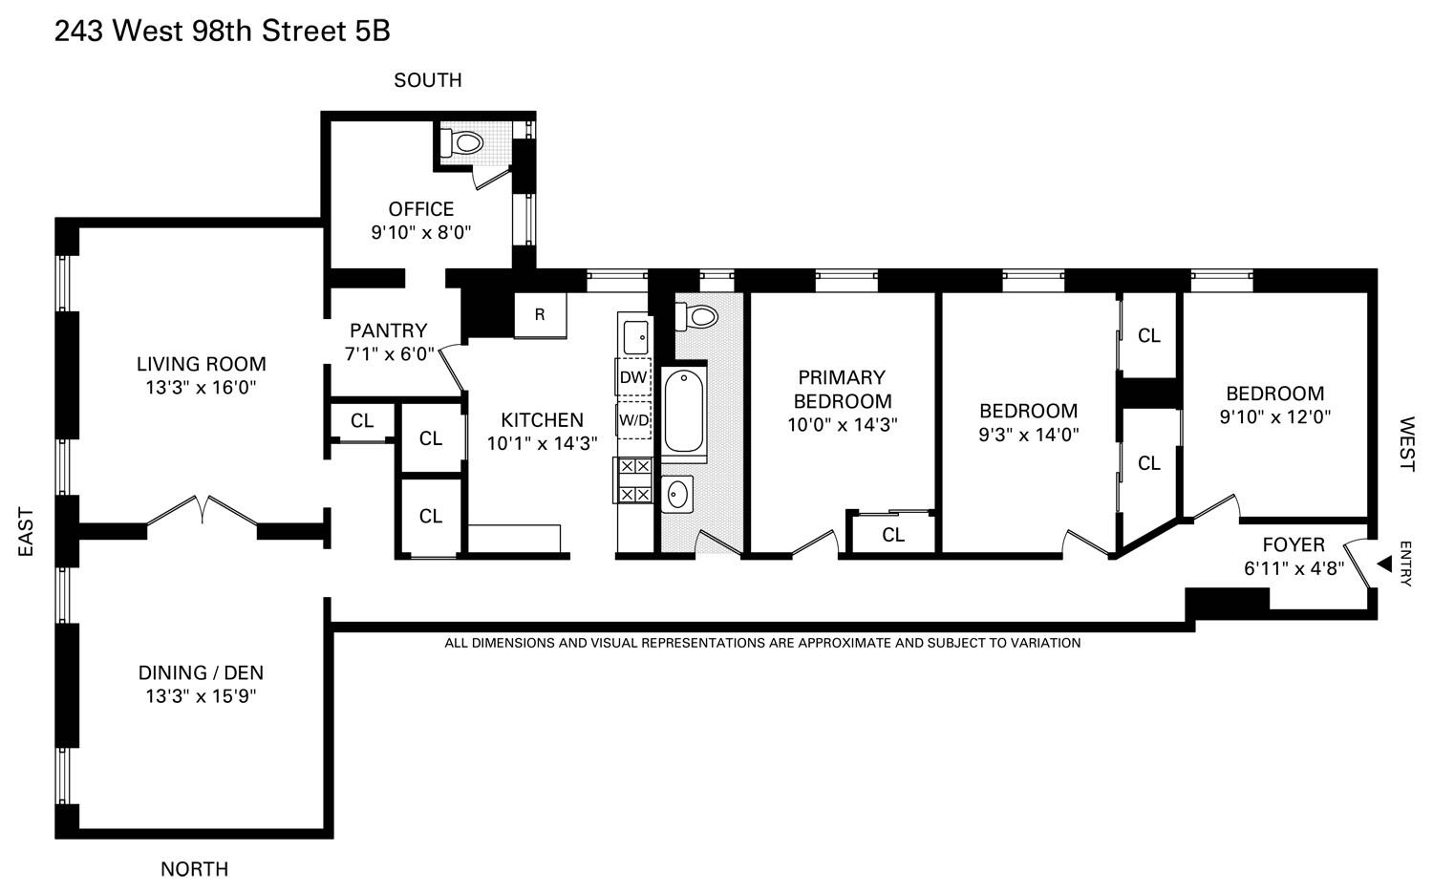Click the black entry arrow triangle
pyautogui.click(x=1383, y=564)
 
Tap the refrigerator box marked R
pyautogui.click(x=540, y=314)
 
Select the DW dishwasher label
pyautogui.click(x=633, y=377)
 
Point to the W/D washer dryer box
pyautogui.click(x=633, y=420)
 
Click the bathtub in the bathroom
pyautogui.click(x=683, y=413)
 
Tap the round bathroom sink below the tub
pyautogui.click(x=677, y=495)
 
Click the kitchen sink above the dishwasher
pyautogui.click(x=635, y=336)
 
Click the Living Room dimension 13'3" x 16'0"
pyautogui.click(x=201, y=388)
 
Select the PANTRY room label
pyautogui.click(x=388, y=330)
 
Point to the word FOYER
pyautogui.click(x=1294, y=544)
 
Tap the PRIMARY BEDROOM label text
pyautogui.click(x=842, y=389)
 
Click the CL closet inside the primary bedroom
pyautogui.click(x=892, y=535)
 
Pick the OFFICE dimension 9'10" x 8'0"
pyautogui.click(x=421, y=232)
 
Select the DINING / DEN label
pyautogui.click(x=201, y=672)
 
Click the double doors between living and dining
pyautogui.click(x=203, y=510)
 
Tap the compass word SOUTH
pyautogui.click(x=428, y=80)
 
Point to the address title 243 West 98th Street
pyautogui.click(x=222, y=32)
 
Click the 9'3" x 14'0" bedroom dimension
pyautogui.click(x=1028, y=435)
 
